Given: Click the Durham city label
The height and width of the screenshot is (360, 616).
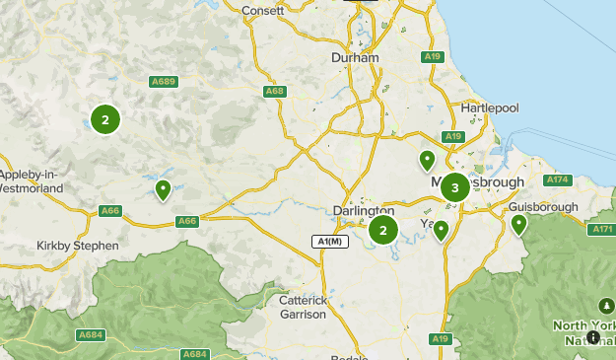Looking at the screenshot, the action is click(x=356, y=58).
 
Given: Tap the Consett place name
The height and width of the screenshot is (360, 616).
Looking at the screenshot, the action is click(x=263, y=10).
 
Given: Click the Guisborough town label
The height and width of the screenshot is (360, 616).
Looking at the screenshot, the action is click(x=543, y=208).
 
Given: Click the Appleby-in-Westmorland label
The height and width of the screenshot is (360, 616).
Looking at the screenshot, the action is click(x=32, y=180).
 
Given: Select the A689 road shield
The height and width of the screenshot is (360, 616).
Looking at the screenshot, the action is click(x=164, y=82).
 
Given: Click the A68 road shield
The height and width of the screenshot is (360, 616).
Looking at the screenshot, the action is click(x=275, y=92).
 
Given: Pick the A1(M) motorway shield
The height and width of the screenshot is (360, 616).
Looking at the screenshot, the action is click(x=329, y=242).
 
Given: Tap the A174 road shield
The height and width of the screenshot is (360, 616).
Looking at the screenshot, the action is click(x=558, y=180).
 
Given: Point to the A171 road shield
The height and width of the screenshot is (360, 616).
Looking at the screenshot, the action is click(x=602, y=229).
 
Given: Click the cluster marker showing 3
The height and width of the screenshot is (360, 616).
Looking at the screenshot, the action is click(x=454, y=187).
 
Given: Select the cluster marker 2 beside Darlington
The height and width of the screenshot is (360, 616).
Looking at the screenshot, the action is click(x=382, y=231).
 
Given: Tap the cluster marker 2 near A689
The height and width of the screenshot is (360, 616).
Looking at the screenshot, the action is click(x=104, y=119).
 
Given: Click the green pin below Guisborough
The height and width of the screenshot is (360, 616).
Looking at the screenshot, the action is click(x=519, y=225).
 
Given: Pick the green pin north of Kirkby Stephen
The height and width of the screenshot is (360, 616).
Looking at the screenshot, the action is click(x=163, y=189).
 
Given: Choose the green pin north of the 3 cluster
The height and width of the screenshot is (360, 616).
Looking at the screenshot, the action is click(x=427, y=159).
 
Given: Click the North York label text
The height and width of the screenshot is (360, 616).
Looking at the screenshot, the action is click(x=583, y=325).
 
